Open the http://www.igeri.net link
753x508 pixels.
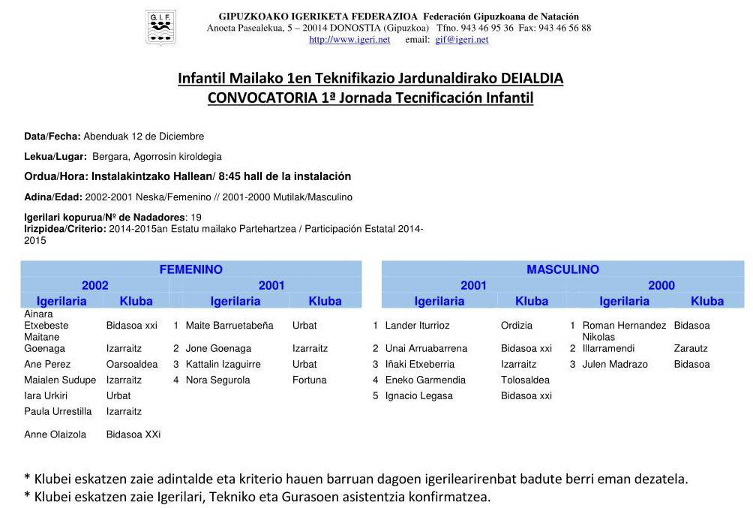pyautogui.click(x=349, y=40)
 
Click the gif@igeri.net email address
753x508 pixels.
pyautogui.click(x=461, y=40)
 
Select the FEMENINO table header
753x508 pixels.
pyautogui.click(x=190, y=269)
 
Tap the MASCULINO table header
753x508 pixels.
pyautogui.click(x=562, y=269)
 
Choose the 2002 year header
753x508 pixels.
pyautogui.click(x=95, y=285)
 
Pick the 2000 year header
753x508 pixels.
pyautogui.click(x=661, y=285)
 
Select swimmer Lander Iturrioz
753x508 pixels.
pyautogui.click(x=417, y=326)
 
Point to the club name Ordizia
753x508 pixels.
pyautogui.click(x=517, y=326)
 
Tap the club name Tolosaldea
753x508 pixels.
pyautogui.click(x=525, y=380)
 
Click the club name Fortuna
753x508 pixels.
pyautogui.click(x=310, y=380)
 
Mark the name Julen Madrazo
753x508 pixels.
pyautogui.click(x=613, y=364)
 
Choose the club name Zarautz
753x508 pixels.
pyautogui.click(x=691, y=348)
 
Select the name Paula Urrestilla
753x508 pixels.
pyautogui.click(x=58, y=411)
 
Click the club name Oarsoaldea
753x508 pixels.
pyautogui.click(x=132, y=364)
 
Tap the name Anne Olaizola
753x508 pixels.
pyautogui.click(x=55, y=434)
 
